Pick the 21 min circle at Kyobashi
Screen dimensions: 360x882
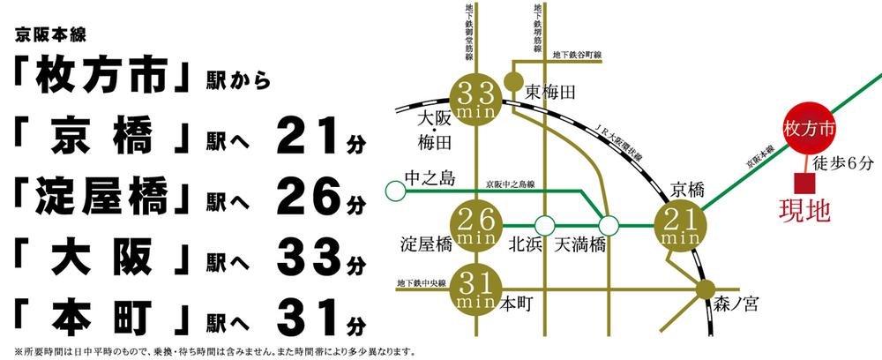point(678,226)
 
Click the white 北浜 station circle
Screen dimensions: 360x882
point(546,226)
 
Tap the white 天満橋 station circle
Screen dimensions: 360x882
point(609,226)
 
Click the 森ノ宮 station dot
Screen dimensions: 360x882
point(704,289)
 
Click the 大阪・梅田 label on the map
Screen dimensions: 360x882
point(435,129)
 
